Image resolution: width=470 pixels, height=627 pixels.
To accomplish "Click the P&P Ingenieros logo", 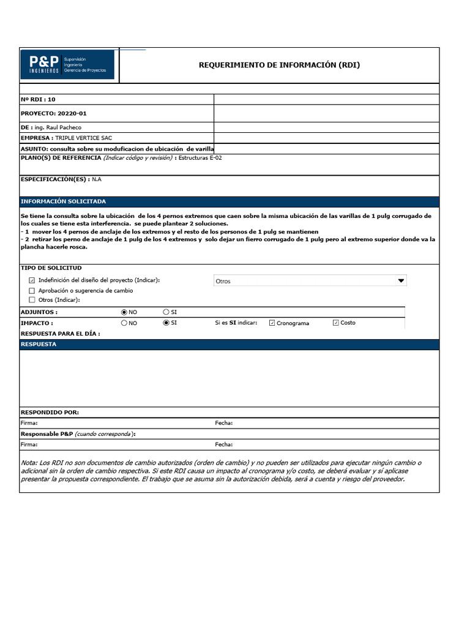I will (x=67, y=65).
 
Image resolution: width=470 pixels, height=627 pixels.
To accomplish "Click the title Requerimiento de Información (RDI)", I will (x=279, y=65).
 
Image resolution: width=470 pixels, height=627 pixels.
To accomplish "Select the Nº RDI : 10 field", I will (x=39, y=99).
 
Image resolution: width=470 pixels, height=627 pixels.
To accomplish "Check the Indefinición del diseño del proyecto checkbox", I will (x=32, y=280).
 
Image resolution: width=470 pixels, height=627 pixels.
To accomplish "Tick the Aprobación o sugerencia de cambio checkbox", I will (x=32, y=290).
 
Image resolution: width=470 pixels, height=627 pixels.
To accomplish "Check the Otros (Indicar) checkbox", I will (x=32, y=300).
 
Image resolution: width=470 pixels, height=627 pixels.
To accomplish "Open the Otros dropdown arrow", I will (x=401, y=281).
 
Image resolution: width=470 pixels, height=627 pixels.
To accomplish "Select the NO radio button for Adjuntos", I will (x=125, y=312).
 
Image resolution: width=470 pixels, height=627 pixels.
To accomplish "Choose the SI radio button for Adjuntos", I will (x=166, y=312).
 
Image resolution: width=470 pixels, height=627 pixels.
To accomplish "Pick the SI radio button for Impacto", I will (x=166, y=323).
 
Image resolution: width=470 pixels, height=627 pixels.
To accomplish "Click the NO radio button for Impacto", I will (x=125, y=323).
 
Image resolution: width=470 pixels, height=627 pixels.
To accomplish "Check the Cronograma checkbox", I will (x=272, y=323).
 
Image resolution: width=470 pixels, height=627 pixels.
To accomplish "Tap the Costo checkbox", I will (x=335, y=323).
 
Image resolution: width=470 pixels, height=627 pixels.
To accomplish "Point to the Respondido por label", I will (x=50, y=413).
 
